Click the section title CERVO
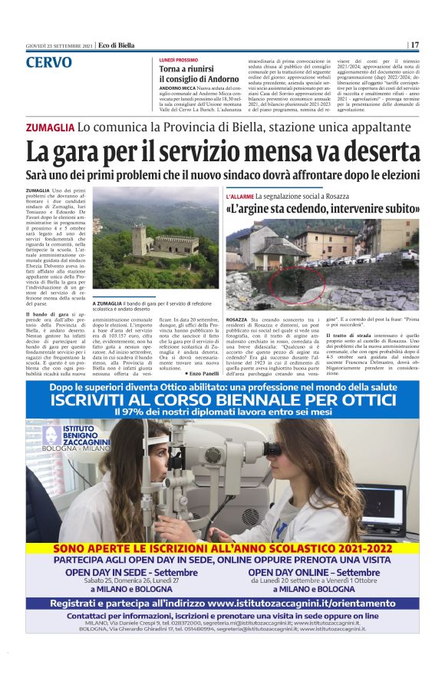pos(48,62)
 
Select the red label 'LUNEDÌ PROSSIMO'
pos(178,59)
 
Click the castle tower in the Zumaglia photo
pos(138,240)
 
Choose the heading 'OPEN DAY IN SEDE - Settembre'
pos(131,573)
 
